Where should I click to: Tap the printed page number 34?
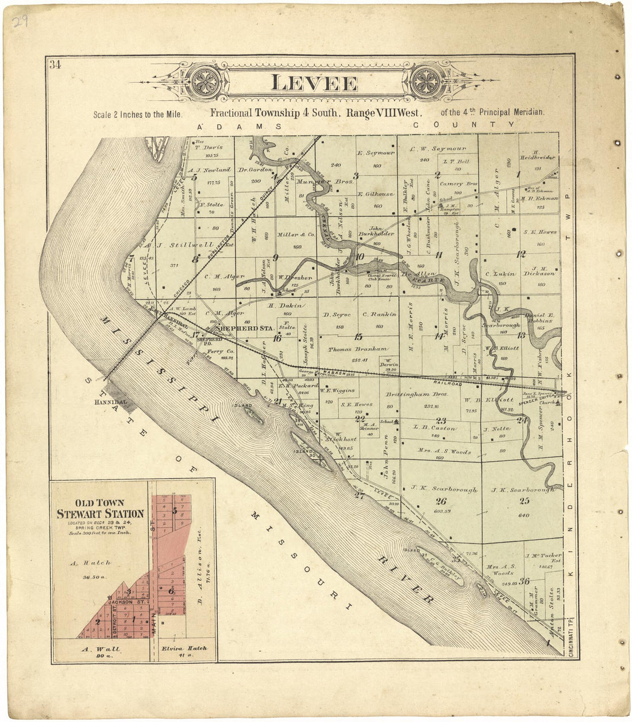(55, 64)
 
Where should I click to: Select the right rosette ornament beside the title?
(426, 81)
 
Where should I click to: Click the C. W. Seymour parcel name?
(438, 149)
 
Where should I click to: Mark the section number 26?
(441, 501)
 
